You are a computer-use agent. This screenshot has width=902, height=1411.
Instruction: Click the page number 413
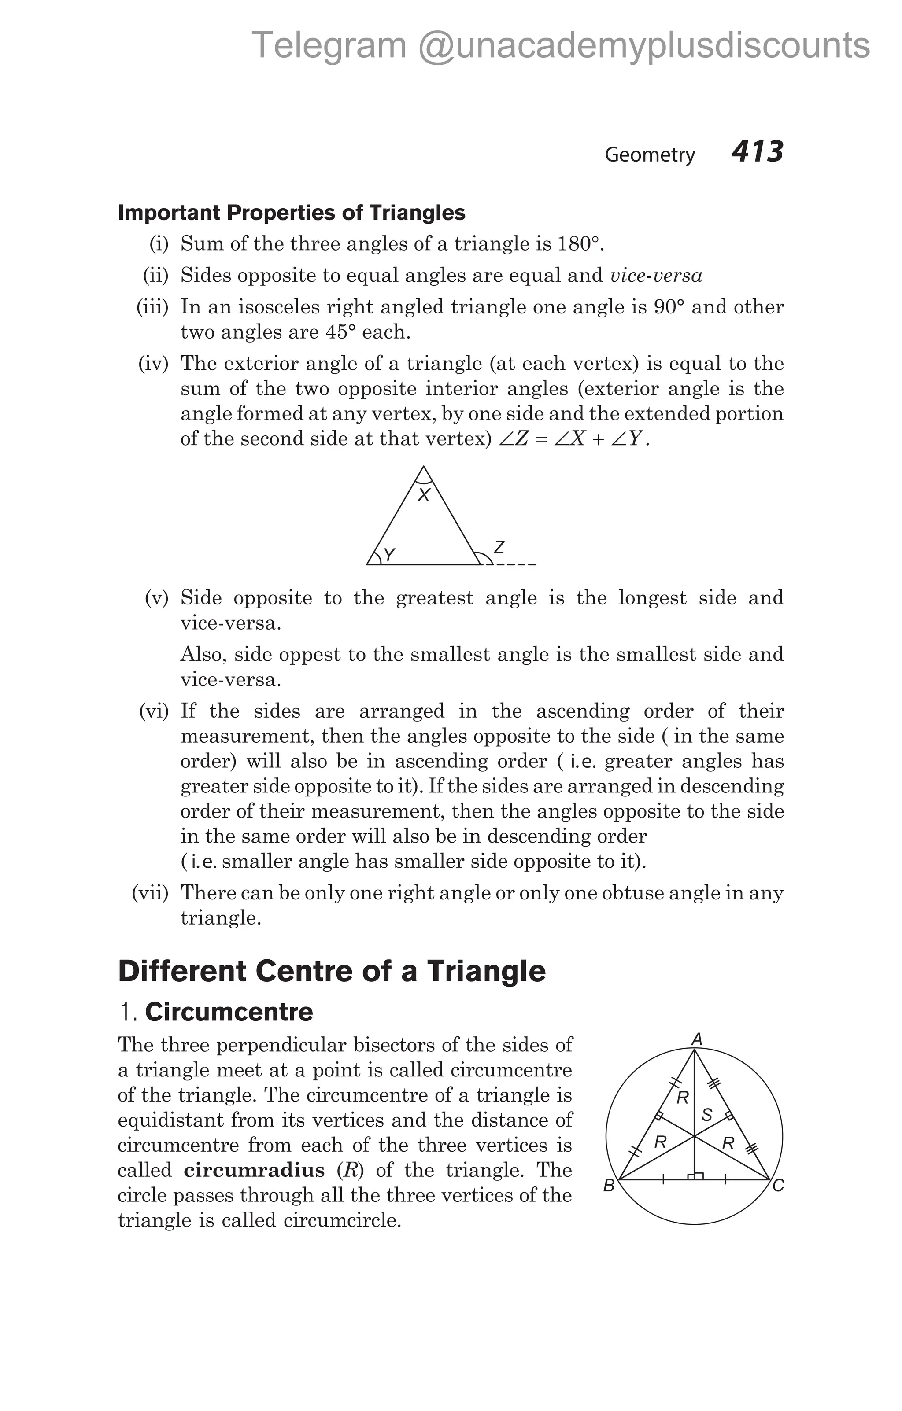point(757,152)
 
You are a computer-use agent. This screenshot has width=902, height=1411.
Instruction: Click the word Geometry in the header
point(649,155)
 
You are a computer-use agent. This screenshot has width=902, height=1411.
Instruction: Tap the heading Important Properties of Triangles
point(291,213)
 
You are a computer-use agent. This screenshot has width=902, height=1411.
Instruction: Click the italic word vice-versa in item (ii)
point(656,276)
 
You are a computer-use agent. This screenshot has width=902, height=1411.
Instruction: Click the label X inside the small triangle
point(424,496)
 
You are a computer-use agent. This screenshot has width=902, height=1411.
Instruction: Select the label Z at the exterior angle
point(499,547)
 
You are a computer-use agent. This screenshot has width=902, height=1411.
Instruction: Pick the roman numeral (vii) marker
point(150,893)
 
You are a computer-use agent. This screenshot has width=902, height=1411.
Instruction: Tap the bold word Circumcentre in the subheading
point(229,1013)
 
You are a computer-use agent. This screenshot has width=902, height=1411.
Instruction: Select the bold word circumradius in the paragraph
point(254,1170)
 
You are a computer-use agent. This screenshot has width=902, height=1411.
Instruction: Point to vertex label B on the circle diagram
point(609,1186)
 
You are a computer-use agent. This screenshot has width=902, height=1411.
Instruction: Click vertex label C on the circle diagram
point(778,1186)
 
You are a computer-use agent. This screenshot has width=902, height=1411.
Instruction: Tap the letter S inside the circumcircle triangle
point(707,1115)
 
